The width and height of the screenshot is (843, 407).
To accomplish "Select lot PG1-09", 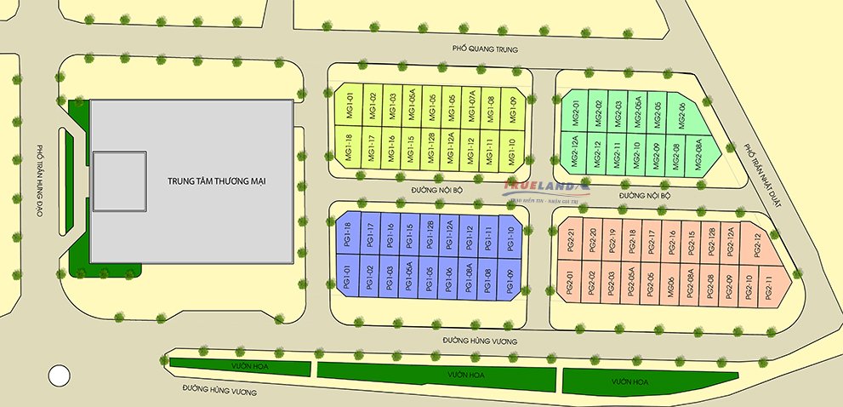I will (x=510, y=278).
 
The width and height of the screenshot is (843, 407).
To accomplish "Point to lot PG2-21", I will (x=572, y=242).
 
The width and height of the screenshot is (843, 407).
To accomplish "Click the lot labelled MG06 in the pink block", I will (x=670, y=285).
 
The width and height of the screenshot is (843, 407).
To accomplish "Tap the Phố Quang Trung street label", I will (x=485, y=49).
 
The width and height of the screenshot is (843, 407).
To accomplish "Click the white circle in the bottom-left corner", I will (x=59, y=374).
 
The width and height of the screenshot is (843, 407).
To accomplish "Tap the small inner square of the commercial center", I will (x=119, y=181).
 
